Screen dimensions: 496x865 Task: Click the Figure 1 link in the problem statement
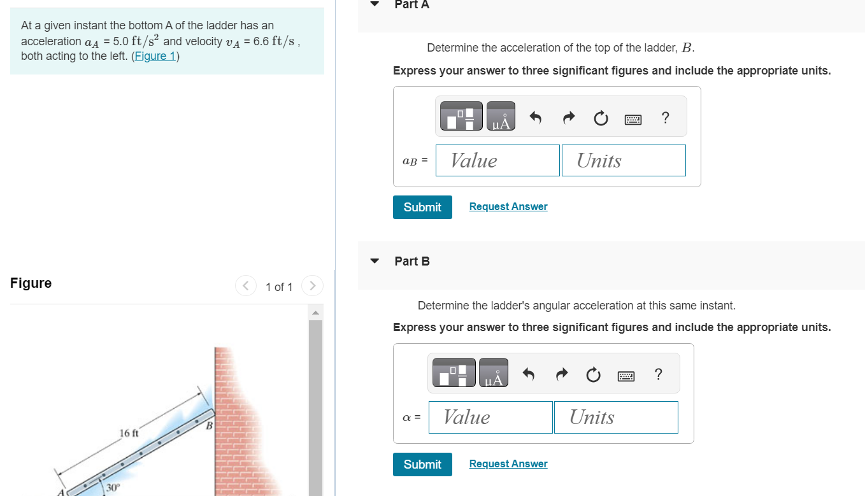[x=155, y=56]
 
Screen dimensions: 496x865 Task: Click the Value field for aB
[x=497, y=160]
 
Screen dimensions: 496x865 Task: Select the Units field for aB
[x=624, y=160]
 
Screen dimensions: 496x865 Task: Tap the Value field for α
[x=490, y=417]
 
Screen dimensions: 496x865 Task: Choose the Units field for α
[x=616, y=417]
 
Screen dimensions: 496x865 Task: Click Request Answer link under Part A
[x=508, y=207]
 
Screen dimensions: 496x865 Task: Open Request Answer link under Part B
[x=508, y=464]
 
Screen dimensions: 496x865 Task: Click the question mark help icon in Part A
[x=666, y=117]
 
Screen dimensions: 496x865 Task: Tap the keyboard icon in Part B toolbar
[x=626, y=376]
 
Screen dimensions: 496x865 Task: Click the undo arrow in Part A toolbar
[x=536, y=118]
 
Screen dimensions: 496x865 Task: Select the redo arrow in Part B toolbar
[x=561, y=375]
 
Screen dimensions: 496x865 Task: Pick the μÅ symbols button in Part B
[x=494, y=373]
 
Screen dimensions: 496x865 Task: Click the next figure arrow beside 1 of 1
[x=312, y=286]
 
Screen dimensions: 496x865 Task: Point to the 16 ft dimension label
[x=129, y=434]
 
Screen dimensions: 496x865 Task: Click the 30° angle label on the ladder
[x=113, y=488]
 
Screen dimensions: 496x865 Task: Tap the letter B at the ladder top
[x=208, y=425]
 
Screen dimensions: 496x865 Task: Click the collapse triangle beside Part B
[x=375, y=261]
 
